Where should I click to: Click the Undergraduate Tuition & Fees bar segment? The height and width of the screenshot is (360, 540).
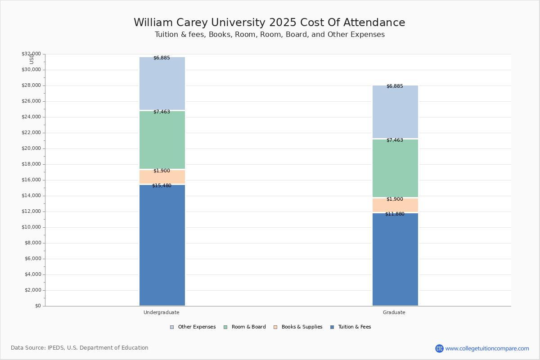162,245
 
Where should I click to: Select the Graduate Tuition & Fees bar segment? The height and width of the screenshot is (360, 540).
395,259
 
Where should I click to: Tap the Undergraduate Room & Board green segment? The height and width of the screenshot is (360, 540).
162,140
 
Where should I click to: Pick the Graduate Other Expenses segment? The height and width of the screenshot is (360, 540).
395,112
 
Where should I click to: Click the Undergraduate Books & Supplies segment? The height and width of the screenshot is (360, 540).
162,177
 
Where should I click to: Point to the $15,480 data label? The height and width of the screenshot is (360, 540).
162,185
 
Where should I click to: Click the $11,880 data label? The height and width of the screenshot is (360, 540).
395,214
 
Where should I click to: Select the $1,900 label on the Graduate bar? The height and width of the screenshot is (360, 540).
395,199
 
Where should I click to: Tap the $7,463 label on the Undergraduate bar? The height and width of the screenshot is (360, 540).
162,112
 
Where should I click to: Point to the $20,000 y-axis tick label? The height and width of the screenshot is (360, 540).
31,148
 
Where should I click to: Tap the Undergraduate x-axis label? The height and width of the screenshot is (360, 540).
162,312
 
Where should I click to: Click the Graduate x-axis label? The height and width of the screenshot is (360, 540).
394,312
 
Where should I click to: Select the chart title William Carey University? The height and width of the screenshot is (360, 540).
269,23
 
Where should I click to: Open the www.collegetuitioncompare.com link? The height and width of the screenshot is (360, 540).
487,348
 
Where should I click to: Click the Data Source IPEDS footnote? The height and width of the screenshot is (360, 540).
80,348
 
